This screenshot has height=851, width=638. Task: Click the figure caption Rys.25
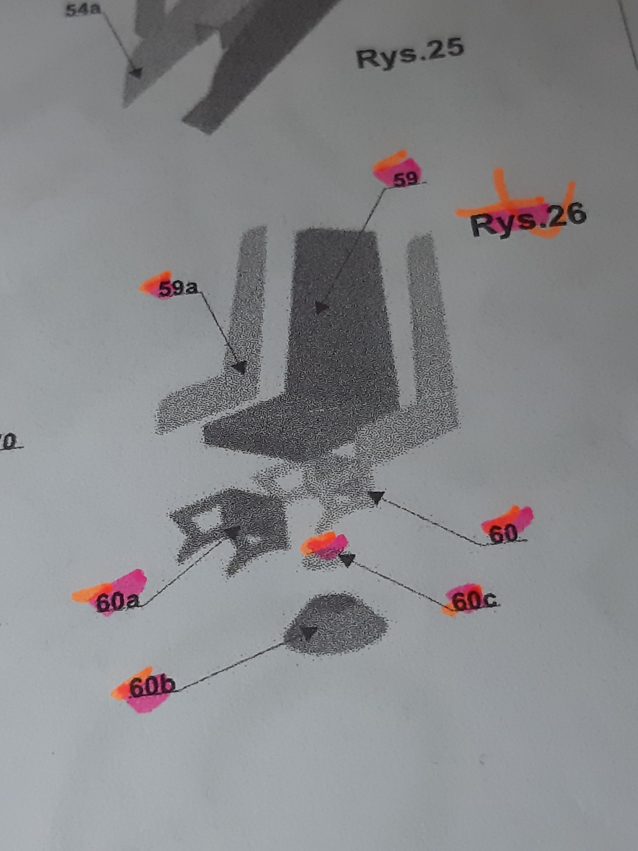(410, 54)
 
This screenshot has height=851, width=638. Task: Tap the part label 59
(405, 180)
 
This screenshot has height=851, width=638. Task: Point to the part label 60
(503, 534)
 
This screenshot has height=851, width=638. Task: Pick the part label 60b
(152, 687)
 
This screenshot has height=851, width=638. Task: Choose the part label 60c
(474, 601)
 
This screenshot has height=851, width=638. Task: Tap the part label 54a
(83, 10)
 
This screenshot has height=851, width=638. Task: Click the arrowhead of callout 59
(321, 308)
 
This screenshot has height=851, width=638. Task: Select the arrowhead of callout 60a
(233, 532)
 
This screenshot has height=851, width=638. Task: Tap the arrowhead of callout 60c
(347, 560)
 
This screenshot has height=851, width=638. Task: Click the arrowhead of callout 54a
(136, 73)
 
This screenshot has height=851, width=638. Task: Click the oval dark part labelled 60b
(336, 624)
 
